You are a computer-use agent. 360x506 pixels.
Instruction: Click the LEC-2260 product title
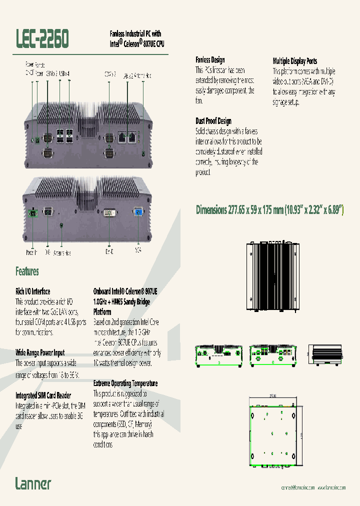[x=43, y=38]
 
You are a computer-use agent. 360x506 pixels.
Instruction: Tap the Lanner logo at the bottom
[x=33, y=483]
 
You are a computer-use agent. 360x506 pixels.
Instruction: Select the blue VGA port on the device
[x=138, y=213]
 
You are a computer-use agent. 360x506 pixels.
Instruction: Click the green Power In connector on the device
[x=33, y=213]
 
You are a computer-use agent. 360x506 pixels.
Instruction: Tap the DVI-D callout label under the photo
[x=109, y=252]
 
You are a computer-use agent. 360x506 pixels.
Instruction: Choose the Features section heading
[x=27, y=271]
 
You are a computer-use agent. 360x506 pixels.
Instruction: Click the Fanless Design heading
[x=210, y=60]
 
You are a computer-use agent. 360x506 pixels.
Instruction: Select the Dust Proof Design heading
[x=213, y=121]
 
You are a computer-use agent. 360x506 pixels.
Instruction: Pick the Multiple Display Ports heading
[x=295, y=61]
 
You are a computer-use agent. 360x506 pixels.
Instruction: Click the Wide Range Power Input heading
[x=40, y=352]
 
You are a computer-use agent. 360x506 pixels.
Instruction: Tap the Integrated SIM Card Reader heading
[x=43, y=395]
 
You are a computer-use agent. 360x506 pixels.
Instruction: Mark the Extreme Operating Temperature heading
[x=125, y=383]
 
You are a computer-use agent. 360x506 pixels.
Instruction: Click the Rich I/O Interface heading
[x=33, y=291]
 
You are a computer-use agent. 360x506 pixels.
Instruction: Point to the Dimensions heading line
[x=270, y=210]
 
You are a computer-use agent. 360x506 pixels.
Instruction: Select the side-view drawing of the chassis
[x=327, y=355]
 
